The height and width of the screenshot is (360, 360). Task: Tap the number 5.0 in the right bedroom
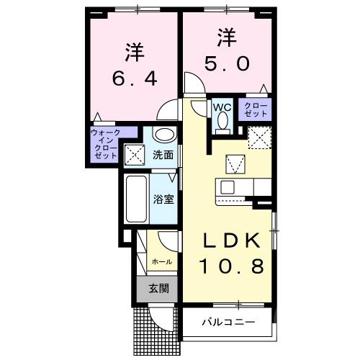click(222, 63)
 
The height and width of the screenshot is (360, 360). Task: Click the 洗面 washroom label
click(163, 155)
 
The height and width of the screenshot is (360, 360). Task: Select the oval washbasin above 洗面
click(163, 135)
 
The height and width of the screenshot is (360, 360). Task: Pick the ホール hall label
click(161, 262)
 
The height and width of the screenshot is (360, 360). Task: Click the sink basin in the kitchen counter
click(228, 187)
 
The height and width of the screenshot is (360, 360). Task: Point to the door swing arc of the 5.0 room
click(193, 81)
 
